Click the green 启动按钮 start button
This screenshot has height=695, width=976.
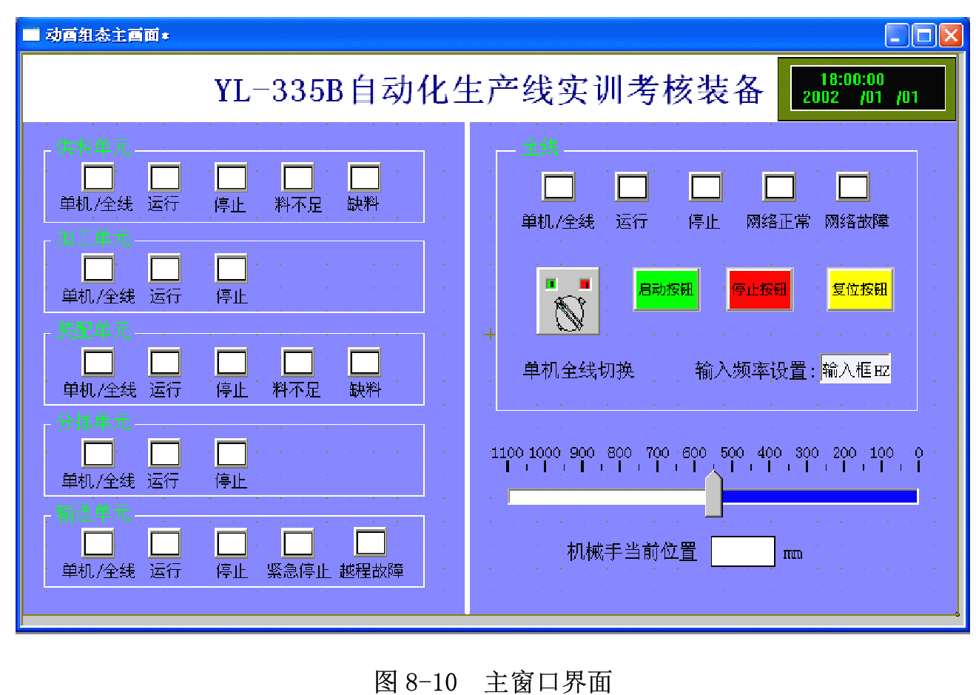(x=666, y=289)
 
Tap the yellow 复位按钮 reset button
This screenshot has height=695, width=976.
(x=860, y=289)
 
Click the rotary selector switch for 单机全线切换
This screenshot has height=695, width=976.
(x=568, y=301)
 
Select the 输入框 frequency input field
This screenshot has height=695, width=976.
(x=855, y=369)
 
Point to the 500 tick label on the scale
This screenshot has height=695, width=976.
(x=732, y=452)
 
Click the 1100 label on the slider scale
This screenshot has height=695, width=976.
(x=507, y=452)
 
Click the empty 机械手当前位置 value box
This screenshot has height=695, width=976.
(x=742, y=551)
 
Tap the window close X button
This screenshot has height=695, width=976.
(x=951, y=35)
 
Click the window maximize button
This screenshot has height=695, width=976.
(x=924, y=35)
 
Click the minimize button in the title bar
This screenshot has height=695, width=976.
(x=897, y=35)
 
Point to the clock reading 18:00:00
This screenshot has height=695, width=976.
(x=852, y=79)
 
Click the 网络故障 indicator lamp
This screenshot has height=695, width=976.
(x=852, y=187)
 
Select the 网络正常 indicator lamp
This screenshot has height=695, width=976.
(x=779, y=187)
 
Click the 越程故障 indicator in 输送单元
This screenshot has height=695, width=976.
(x=371, y=543)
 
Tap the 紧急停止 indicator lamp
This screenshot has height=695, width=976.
(x=297, y=543)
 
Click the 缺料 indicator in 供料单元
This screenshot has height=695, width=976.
(x=364, y=178)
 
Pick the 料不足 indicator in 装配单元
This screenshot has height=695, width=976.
(x=297, y=363)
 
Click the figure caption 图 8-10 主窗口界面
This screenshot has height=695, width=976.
(x=493, y=681)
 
